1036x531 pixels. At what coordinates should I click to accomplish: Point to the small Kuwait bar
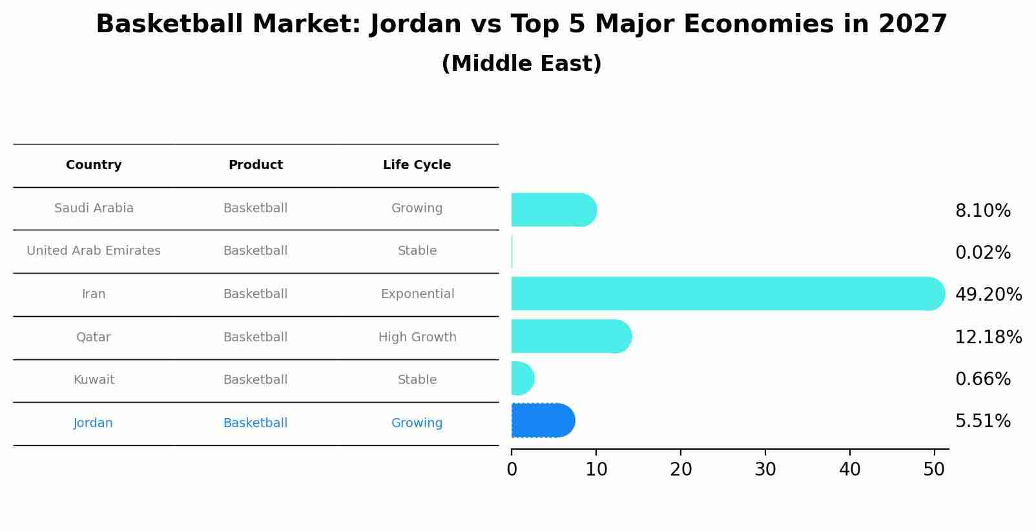(522, 378)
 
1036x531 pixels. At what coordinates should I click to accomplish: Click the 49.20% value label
(988, 295)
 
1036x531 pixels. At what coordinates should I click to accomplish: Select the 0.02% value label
(982, 253)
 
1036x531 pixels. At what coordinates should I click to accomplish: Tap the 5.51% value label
(982, 421)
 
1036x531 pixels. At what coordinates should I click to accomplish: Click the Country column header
(94, 165)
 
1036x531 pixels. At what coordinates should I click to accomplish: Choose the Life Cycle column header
(417, 165)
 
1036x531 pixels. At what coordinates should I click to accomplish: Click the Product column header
(255, 165)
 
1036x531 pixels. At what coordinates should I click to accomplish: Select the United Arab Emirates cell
(94, 251)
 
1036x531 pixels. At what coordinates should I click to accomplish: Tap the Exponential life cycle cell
(417, 294)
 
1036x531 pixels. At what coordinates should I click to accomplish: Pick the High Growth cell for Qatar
(417, 337)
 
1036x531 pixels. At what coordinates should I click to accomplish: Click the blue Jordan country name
(93, 423)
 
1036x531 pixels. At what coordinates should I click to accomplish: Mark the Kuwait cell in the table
(94, 380)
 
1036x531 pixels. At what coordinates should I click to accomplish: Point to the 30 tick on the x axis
(765, 469)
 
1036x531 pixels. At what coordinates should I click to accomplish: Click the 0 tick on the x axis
(512, 469)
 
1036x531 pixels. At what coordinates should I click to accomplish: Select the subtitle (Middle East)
(521, 64)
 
